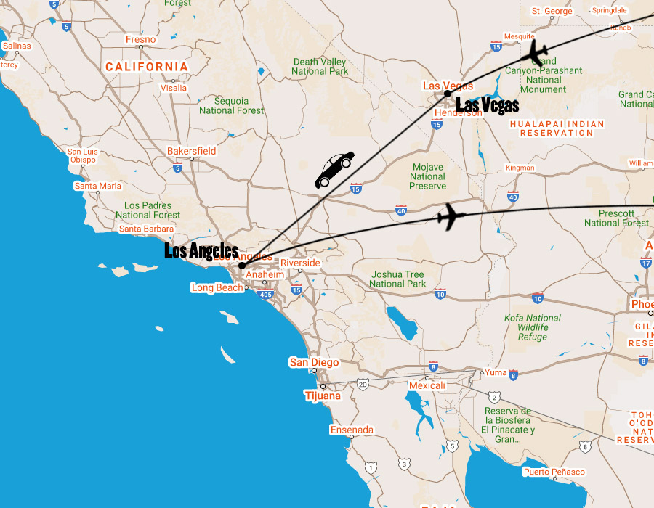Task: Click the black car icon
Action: pos(334,170)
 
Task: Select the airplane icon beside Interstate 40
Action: pos(451,216)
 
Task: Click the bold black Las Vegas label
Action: pos(488,106)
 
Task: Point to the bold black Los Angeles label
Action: pos(201,251)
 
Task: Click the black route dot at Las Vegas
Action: pos(448,94)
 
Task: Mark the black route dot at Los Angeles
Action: pos(242,266)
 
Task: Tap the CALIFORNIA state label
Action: pos(147,67)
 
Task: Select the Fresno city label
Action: pos(140,39)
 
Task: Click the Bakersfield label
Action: pos(191,151)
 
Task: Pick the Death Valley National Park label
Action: pos(320,66)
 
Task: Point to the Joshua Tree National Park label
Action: pos(397,279)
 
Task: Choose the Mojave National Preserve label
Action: pos(428,176)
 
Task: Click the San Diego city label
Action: pos(314,362)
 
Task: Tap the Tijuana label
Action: pos(323,396)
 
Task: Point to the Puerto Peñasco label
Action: pos(554,472)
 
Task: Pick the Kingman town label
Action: pos(520,168)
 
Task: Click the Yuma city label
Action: pos(495,372)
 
